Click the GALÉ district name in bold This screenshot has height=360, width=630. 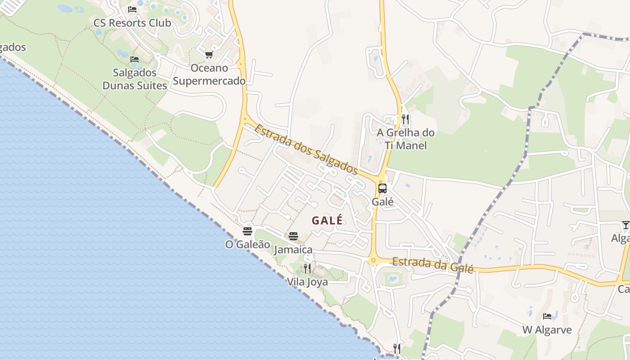[327, 220]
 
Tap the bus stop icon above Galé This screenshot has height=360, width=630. [382, 189]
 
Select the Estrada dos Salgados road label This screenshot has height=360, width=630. [306, 149]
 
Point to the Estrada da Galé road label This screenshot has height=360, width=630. [432, 265]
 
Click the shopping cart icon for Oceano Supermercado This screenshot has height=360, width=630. [209, 55]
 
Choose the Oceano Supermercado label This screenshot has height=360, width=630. [209, 75]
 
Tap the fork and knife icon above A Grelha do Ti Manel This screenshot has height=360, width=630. [405, 119]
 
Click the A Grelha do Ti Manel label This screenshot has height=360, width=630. [405, 139]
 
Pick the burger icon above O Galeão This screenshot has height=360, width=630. [247, 231]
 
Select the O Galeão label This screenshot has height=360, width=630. [247, 244]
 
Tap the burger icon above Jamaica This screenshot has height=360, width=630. [293, 236]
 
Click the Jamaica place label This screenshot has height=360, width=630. [293, 250]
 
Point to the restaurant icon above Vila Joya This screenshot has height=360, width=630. [307, 269]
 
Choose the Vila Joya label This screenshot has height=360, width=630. [307, 282]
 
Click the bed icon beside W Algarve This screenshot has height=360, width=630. [547, 316]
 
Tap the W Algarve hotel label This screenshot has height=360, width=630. [547, 330]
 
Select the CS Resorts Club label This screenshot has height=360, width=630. [132, 22]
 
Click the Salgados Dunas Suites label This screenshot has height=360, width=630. [135, 79]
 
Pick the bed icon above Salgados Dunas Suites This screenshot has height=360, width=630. [134, 59]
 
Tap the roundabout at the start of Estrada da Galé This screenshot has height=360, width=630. [373, 260]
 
